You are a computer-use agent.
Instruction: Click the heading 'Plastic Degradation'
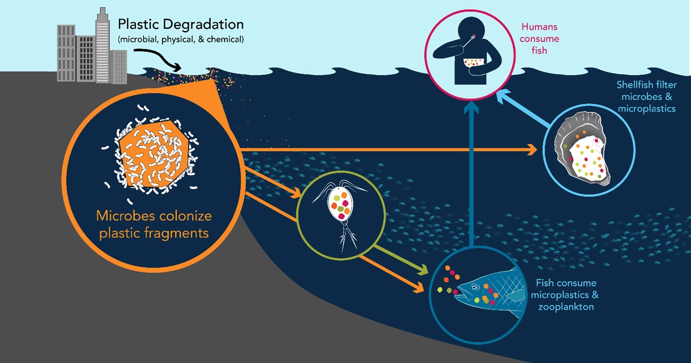[180, 25]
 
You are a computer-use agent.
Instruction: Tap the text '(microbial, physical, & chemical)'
[180, 40]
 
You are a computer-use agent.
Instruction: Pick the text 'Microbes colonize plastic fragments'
[154, 225]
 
